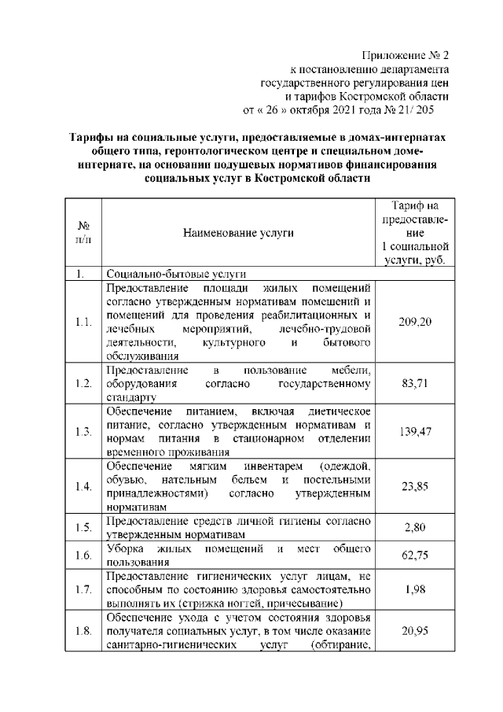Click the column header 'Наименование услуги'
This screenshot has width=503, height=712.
pyautogui.click(x=238, y=233)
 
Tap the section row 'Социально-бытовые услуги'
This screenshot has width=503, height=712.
pyautogui.click(x=177, y=275)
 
